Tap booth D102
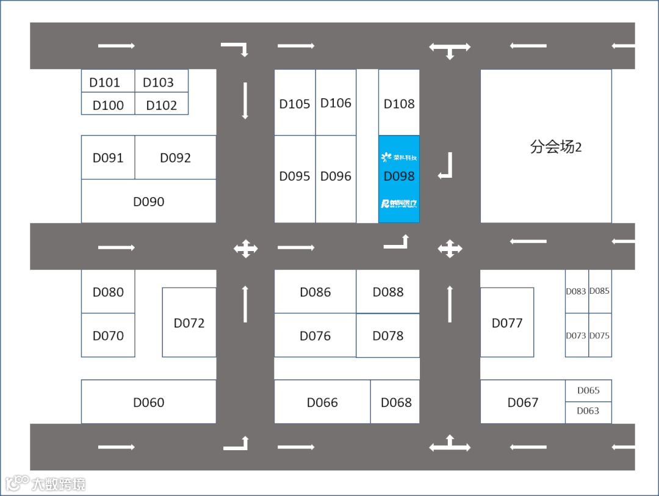162,104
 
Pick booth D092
175,158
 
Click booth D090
148,202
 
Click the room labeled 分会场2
546,147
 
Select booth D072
189,323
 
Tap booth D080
108,291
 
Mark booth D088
388,291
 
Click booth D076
315,335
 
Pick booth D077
507,323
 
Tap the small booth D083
576,291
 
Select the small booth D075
600,335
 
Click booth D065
588,390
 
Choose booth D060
148,402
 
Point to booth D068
395,402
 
